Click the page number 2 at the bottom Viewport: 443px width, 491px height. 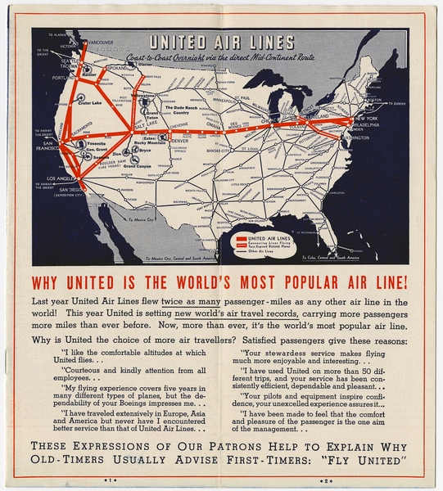click(324, 480)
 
